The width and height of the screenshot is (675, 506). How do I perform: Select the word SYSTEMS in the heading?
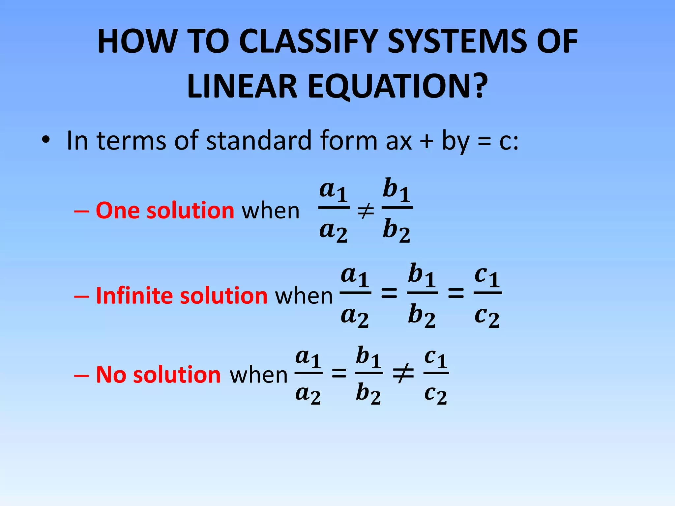click(456, 42)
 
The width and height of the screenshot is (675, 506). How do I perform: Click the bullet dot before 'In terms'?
click(46, 141)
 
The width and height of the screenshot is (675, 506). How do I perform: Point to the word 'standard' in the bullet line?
click(259, 141)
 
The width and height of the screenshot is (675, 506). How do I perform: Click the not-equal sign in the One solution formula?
click(366, 211)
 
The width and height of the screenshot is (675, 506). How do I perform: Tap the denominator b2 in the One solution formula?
click(396, 231)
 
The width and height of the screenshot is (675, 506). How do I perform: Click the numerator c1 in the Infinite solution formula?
click(487, 277)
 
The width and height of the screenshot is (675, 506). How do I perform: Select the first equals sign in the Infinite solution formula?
click(389, 293)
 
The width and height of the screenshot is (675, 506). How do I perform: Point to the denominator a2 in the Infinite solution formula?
click(355, 317)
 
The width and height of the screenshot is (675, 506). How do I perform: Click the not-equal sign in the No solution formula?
click(403, 374)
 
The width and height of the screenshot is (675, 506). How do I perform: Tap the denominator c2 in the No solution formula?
click(435, 395)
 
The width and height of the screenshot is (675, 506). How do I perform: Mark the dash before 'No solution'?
click(81, 376)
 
